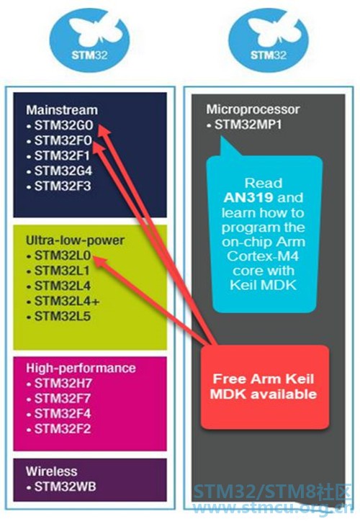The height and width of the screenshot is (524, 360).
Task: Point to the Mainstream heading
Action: click(62, 110)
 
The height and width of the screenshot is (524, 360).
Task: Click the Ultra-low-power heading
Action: click(75, 240)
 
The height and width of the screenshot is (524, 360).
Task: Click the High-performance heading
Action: click(81, 368)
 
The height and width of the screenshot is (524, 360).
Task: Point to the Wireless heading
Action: click(51, 471)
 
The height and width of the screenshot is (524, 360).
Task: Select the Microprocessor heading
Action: click(253, 109)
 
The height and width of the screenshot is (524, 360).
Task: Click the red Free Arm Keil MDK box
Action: click(265, 387)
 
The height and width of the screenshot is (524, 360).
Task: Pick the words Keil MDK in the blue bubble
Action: click(263, 285)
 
